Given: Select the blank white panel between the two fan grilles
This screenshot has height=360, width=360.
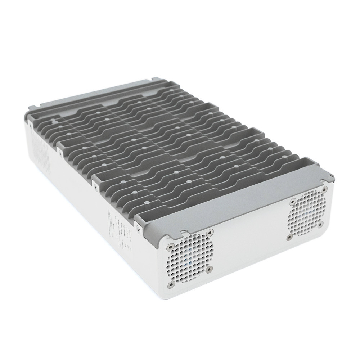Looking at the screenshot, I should (248, 238).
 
